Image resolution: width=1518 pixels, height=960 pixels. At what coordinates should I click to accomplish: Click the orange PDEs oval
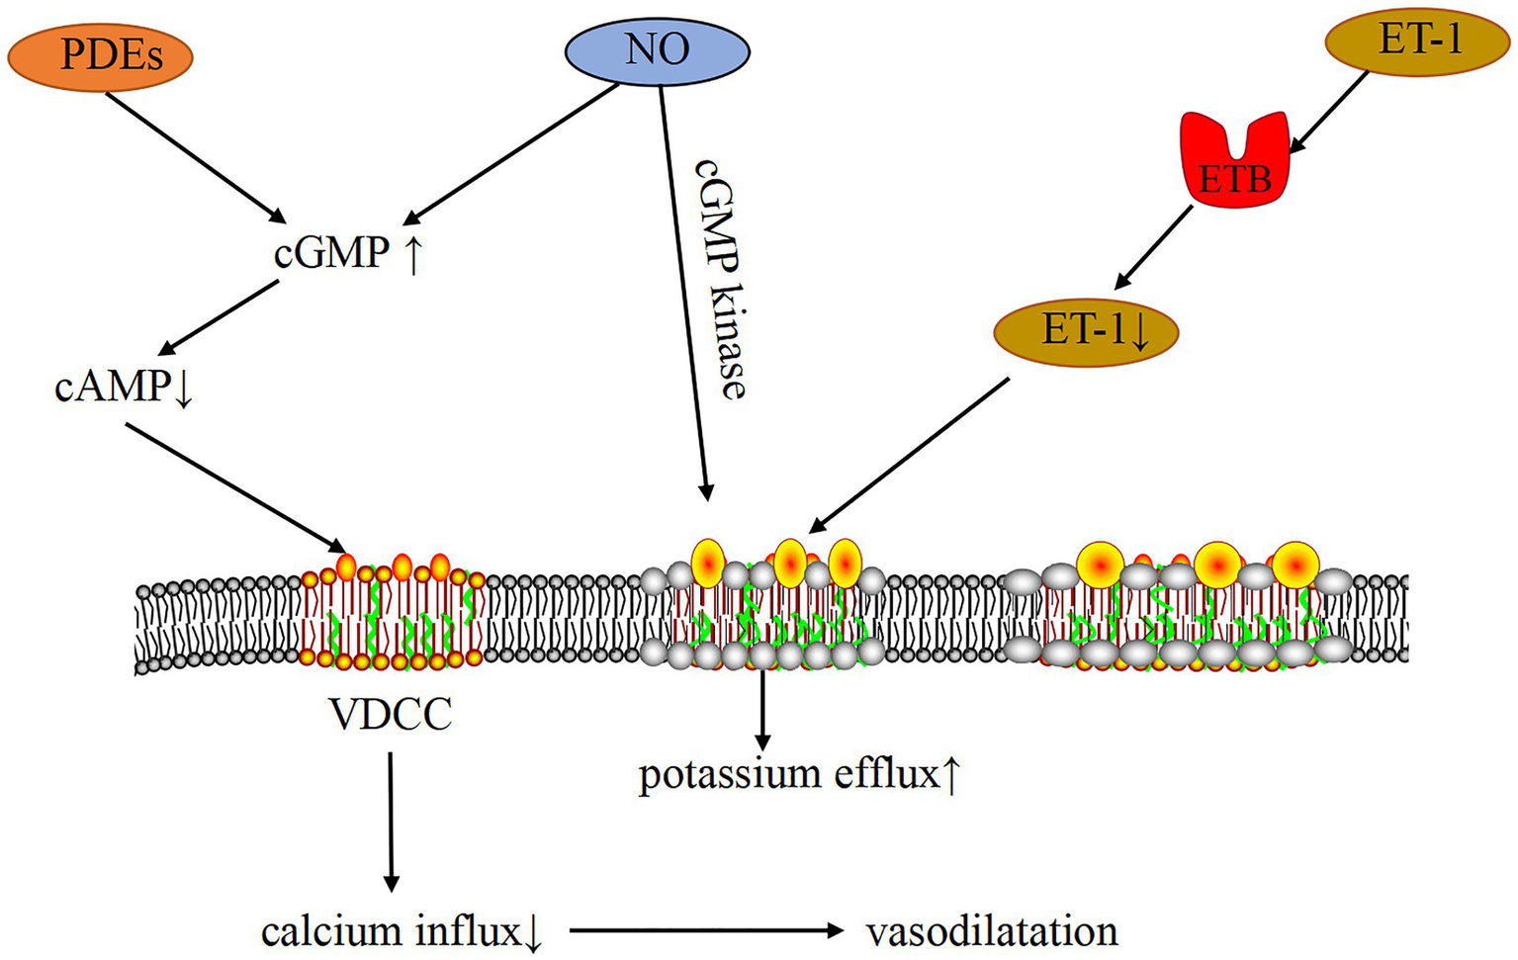click(x=100, y=55)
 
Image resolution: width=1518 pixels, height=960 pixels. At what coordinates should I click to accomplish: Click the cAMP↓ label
click(x=124, y=387)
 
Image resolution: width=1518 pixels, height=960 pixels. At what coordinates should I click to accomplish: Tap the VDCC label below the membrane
click(x=392, y=713)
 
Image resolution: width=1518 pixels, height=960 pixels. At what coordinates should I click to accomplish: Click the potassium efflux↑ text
click(x=799, y=774)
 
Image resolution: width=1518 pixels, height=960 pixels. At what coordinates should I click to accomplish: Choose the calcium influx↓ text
click(x=402, y=931)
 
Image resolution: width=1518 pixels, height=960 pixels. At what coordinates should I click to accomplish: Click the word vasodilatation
click(x=992, y=931)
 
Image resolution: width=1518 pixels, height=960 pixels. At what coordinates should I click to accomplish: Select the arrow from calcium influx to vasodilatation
click(x=707, y=930)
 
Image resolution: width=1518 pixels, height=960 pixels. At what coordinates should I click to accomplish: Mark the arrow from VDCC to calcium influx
click(x=391, y=821)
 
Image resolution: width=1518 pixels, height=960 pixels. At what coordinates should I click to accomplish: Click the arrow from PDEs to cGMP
click(x=193, y=153)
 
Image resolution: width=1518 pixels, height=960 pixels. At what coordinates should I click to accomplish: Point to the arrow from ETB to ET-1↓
click(x=1157, y=246)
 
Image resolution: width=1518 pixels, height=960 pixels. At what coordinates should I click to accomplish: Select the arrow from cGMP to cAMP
click(x=220, y=316)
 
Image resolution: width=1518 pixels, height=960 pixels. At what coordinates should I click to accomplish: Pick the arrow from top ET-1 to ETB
click(x=1330, y=111)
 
